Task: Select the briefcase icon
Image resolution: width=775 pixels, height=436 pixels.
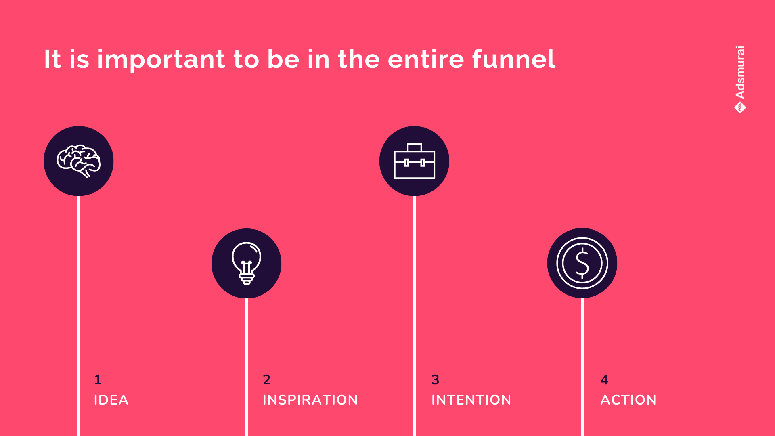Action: click(415, 161)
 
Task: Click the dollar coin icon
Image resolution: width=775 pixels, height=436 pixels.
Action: click(582, 263)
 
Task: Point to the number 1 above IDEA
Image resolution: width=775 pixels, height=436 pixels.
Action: click(98, 379)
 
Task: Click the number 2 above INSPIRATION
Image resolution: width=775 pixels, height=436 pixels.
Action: click(267, 379)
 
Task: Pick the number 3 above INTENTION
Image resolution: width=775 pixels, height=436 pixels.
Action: click(435, 379)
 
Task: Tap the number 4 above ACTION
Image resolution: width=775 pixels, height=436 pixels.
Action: click(604, 379)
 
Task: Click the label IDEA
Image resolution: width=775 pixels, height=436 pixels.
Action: click(111, 400)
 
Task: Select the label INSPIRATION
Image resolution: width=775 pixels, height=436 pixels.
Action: click(310, 400)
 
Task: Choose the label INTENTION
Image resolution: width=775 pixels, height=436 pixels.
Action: click(471, 400)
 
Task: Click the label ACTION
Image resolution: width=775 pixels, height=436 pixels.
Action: click(628, 400)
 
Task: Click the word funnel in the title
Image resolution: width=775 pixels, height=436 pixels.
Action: click(514, 59)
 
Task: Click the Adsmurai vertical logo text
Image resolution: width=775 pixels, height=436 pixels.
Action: click(740, 72)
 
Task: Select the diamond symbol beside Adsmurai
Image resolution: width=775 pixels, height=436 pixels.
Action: click(740, 108)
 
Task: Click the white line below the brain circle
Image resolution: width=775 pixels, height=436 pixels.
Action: click(79, 316)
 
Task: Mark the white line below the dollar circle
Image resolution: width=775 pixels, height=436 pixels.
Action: click(582, 367)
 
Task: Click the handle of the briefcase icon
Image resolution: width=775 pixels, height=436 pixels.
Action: click(415, 147)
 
